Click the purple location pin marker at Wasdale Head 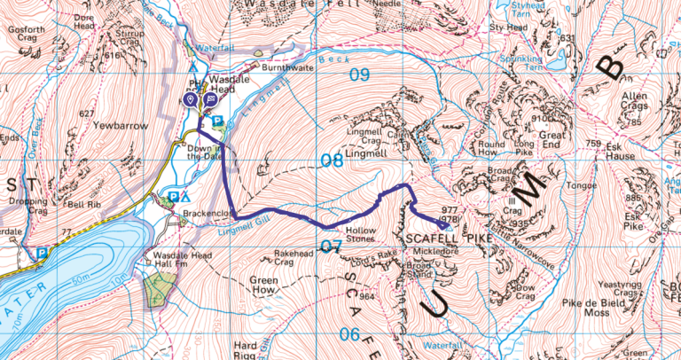click(x=191, y=99)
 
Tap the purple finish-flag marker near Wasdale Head click(x=208, y=99)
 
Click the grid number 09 click(x=358, y=74)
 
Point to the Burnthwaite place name click(x=287, y=66)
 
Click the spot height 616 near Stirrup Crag click(x=112, y=55)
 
